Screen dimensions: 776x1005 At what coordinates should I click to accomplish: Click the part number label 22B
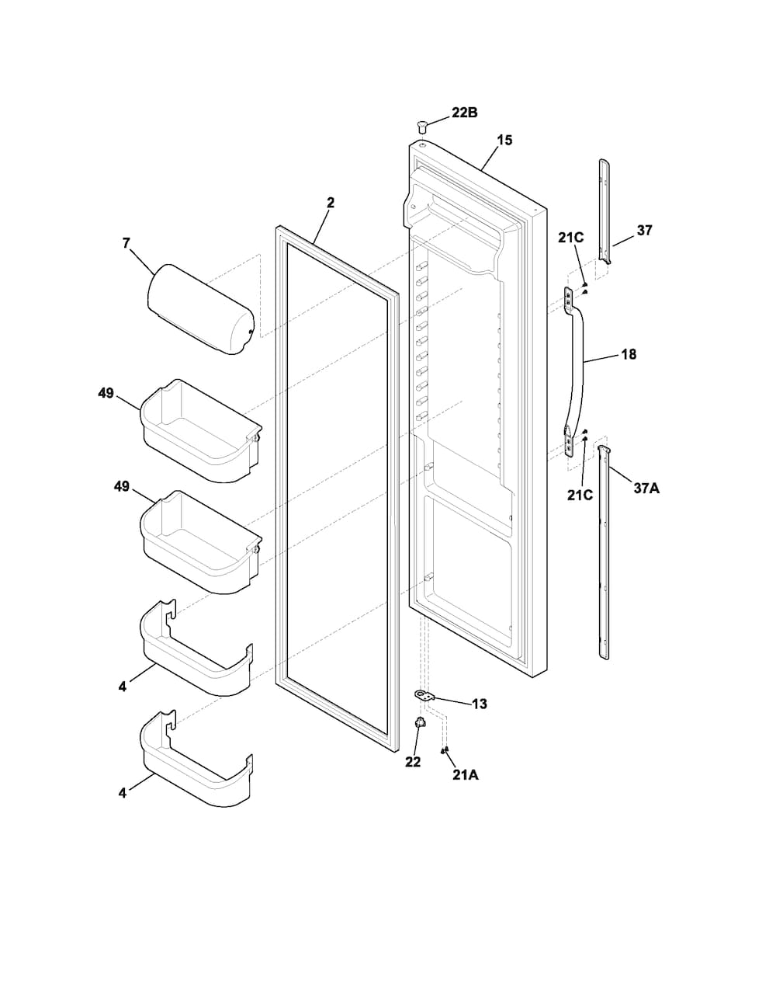(x=464, y=113)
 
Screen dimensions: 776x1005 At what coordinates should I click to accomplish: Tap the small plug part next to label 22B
(x=421, y=124)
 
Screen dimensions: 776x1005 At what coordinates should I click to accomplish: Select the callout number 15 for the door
(x=504, y=140)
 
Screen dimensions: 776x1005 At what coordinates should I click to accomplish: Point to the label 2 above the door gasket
(x=331, y=202)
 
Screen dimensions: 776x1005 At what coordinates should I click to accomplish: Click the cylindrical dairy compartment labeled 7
(x=200, y=308)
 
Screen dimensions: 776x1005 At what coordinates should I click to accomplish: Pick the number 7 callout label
(x=126, y=242)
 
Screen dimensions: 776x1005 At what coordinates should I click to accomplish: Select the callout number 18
(x=629, y=354)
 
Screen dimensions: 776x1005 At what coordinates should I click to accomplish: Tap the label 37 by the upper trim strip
(x=644, y=230)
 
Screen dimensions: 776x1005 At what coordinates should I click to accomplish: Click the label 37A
(x=646, y=488)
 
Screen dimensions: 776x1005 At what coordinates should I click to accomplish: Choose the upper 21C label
(x=571, y=238)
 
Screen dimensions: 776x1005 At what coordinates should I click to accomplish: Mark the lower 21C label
(x=580, y=495)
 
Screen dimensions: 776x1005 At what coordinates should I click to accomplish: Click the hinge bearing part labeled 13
(x=424, y=708)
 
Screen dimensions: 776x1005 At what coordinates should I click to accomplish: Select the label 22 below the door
(x=413, y=762)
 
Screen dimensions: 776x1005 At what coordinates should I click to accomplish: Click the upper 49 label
(x=106, y=393)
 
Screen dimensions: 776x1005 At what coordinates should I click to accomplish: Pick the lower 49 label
(x=122, y=486)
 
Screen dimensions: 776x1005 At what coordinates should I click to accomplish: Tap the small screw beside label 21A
(x=445, y=750)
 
